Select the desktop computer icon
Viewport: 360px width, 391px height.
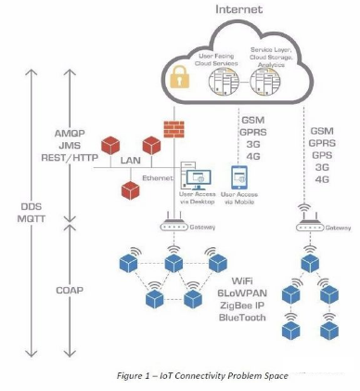tap(200, 176)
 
